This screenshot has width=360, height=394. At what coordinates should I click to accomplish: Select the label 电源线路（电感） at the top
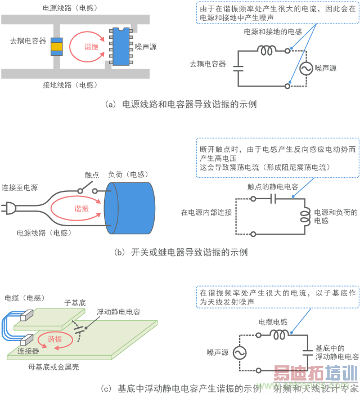(69, 8)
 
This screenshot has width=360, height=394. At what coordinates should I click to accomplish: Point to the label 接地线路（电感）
(69, 85)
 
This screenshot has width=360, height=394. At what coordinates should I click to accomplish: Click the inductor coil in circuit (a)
(268, 50)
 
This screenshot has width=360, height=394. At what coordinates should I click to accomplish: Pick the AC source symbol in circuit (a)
(307, 68)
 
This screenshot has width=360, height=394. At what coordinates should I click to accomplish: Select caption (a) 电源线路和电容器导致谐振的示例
(181, 104)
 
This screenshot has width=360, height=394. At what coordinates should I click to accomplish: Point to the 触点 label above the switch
(92, 175)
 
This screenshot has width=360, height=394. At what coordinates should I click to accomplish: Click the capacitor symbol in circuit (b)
(273, 198)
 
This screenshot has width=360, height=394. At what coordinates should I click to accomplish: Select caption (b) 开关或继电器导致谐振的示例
(181, 252)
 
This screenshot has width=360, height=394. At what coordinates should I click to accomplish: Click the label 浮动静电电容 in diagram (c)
(118, 311)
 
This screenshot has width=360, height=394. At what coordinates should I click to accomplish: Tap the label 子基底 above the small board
(75, 303)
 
